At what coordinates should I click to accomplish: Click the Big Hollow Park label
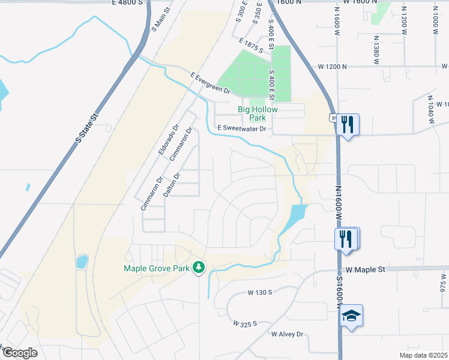pos(258,113)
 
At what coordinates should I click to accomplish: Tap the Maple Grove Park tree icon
pos(199,268)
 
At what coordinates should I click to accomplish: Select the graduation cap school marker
pos(351,316)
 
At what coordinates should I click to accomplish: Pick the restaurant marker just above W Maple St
pos(346,238)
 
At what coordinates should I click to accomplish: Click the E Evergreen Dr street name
pos(211,83)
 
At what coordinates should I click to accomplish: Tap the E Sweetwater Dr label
pos(241,128)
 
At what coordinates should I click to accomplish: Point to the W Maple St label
pos(364,270)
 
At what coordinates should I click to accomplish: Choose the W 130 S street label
pos(260,292)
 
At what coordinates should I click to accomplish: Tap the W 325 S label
pos(245,323)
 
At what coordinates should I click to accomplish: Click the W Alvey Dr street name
pos(288,334)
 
